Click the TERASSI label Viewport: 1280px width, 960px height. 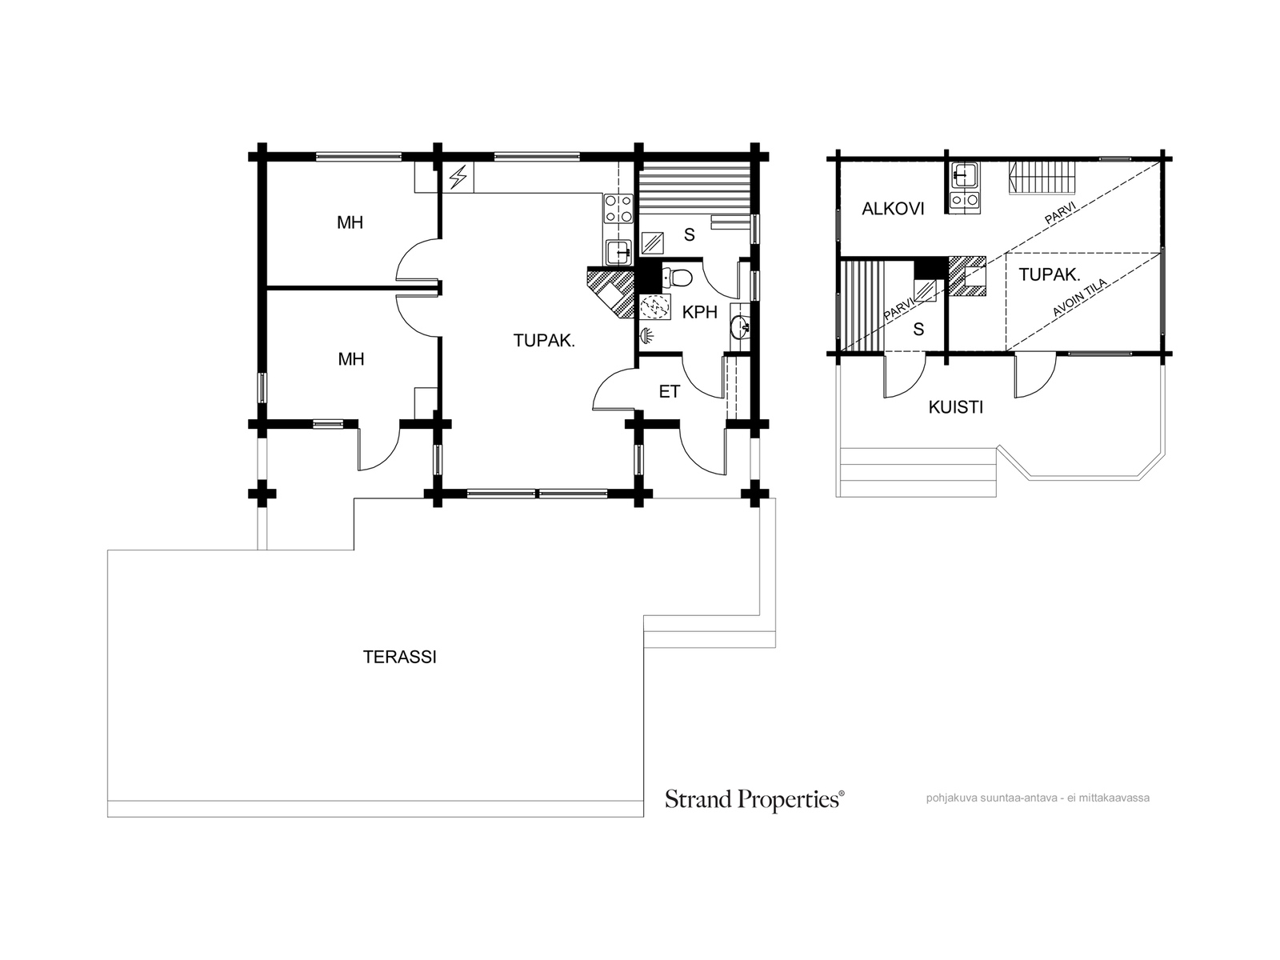tap(399, 657)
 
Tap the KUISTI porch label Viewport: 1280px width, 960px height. tap(956, 407)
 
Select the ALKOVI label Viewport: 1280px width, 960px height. tap(893, 209)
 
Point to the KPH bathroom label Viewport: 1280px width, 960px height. tap(699, 313)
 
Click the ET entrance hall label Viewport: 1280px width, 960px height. tap(670, 392)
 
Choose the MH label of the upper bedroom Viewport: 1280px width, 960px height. tap(350, 222)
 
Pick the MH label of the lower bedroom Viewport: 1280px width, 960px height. tap(351, 359)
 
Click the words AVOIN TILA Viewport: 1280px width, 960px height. tap(1079, 298)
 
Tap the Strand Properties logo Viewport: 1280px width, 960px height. tap(754, 799)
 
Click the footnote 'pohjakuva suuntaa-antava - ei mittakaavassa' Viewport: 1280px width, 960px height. tap(1038, 798)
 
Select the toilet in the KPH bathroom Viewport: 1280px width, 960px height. tap(677, 278)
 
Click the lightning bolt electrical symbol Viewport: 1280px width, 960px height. tap(459, 177)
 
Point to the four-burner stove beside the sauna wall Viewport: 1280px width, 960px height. tap(618, 209)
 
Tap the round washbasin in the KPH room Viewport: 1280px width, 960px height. tap(739, 327)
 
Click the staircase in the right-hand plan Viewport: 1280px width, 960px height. tap(1042, 177)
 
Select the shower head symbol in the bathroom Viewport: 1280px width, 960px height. tap(646, 335)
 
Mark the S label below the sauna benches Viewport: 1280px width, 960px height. tap(690, 235)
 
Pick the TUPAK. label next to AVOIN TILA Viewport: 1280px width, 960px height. tap(1050, 274)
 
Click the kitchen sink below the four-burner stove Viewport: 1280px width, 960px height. tap(618, 252)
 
